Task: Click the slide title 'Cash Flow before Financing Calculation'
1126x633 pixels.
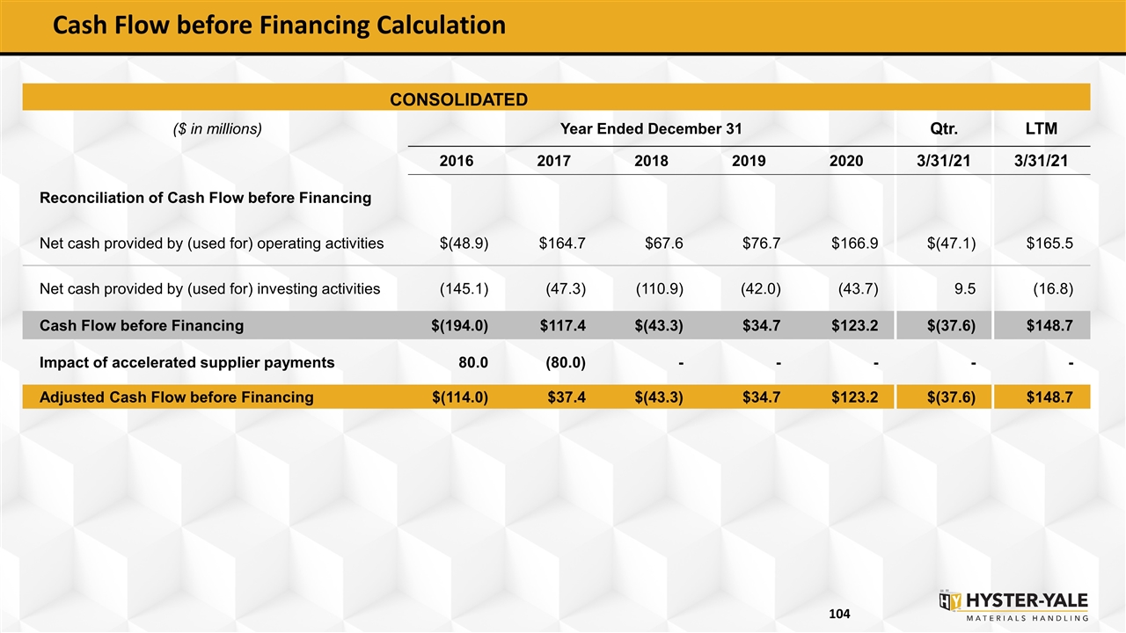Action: point(279,25)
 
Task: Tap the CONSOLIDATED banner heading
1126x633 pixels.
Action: point(459,99)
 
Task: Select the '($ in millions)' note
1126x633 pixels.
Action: point(217,129)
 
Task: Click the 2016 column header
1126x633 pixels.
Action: point(457,161)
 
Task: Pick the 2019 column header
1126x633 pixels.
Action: point(749,161)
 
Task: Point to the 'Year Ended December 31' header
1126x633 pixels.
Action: point(651,128)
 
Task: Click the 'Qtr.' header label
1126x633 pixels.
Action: point(944,128)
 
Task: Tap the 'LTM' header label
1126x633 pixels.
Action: point(1042,128)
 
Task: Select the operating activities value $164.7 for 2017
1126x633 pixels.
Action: point(562,244)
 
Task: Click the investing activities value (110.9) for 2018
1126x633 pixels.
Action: point(660,289)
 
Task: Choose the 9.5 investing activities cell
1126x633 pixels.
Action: point(965,289)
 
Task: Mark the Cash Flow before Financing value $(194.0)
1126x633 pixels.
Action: point(459,325)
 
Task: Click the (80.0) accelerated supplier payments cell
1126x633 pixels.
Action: point(566,363)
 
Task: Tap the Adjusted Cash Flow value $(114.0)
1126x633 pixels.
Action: point(460,397)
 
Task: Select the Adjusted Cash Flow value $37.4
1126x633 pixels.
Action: point(567,397)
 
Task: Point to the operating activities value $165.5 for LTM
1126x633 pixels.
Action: point(1049,244)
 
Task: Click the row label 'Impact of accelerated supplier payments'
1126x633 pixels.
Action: point(187,363)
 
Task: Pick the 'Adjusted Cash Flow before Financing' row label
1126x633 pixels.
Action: point(177,397)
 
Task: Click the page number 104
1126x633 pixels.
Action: point(839,614)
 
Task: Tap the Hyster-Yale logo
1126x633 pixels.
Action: point(1013,606)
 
